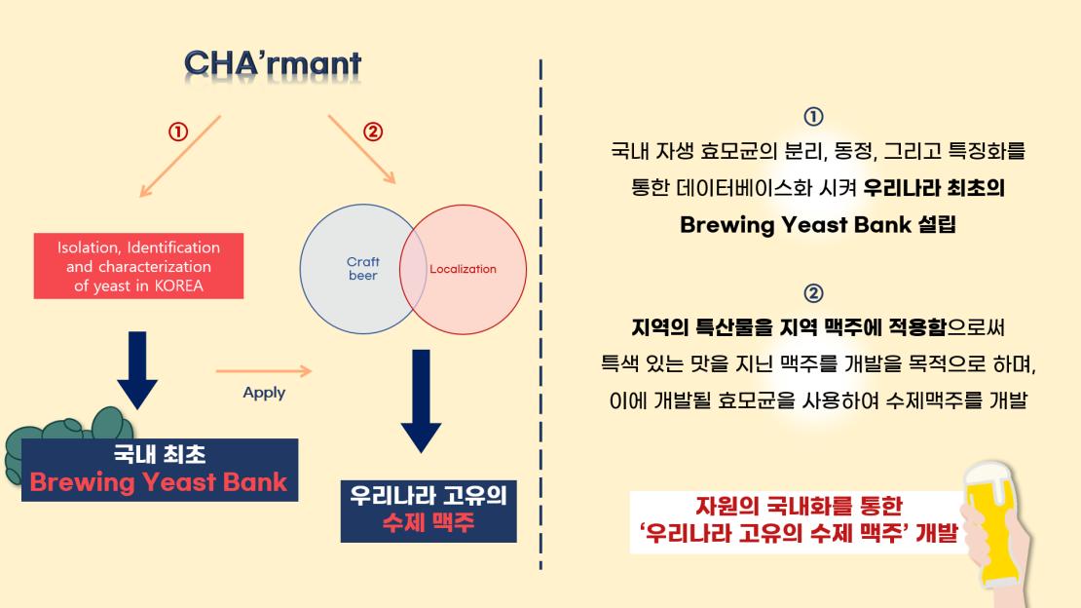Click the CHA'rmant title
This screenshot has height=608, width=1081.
tap(273, 63)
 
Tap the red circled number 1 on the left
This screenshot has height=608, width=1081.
tap(178, 132)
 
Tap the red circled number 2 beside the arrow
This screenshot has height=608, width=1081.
tap(373, 132)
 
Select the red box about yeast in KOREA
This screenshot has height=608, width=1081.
tap(138, 266)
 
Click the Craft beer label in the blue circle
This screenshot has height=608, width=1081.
tap(362, 269)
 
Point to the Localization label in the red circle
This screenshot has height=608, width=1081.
tap(463, 269)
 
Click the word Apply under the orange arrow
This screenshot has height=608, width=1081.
tap(264, 393)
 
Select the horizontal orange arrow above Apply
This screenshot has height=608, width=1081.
tap(263, 371)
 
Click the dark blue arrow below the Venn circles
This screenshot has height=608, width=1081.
tap(421, 401)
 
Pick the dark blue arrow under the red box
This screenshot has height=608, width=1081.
tap(137, 370)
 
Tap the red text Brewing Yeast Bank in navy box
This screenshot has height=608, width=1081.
tap(159, 481)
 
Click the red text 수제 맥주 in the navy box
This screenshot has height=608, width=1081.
tap(429, 522)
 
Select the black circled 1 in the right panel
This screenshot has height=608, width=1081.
tap(813, 116)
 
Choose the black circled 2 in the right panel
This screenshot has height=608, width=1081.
tap(813, 293)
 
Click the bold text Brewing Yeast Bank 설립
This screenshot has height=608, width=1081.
tap(818, 225)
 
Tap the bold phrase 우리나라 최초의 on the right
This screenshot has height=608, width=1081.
tap(934, 188)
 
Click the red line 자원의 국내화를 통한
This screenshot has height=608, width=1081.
tap(799, 506)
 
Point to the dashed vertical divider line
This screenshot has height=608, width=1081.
tap(540, 314)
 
